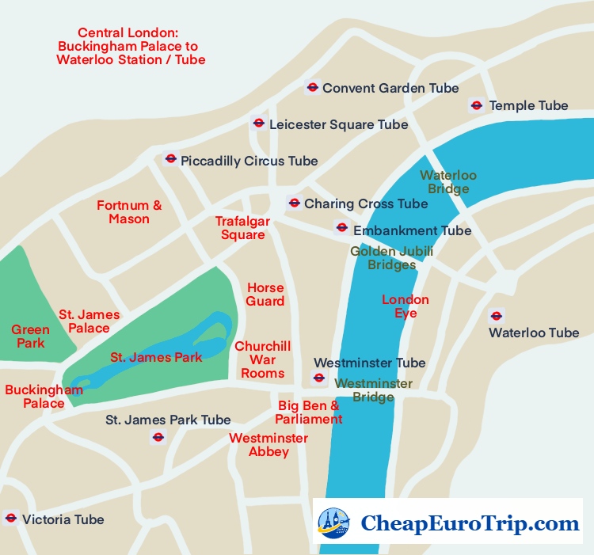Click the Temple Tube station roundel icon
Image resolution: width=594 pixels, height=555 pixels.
point(476,105)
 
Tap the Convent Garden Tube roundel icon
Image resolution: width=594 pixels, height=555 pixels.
point(313,88)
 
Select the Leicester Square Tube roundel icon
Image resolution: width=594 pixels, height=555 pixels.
point(258,124)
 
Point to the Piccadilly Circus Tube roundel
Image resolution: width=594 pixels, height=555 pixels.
point(170,159)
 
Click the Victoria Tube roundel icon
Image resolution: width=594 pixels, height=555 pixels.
point(10,519)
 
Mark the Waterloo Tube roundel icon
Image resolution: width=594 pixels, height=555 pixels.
point(497,315)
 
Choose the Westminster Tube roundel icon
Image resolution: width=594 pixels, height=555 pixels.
point(318,378)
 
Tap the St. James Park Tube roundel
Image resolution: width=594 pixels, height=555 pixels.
point(158,437)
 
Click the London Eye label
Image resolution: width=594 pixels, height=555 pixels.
point(406,306)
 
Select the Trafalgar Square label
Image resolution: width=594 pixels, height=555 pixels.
point(243,228)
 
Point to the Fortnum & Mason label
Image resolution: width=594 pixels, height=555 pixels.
point(129,212)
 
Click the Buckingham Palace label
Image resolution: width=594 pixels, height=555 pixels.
point(44,397)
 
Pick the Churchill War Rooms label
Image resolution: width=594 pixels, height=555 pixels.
point(263,359)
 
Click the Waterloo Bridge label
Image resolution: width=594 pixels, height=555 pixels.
point(448,182)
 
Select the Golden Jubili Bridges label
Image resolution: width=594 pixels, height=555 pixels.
point(391,258)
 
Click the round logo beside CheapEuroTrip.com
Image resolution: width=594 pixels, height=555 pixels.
point(333,523)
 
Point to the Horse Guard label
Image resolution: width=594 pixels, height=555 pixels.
point(265,295)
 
